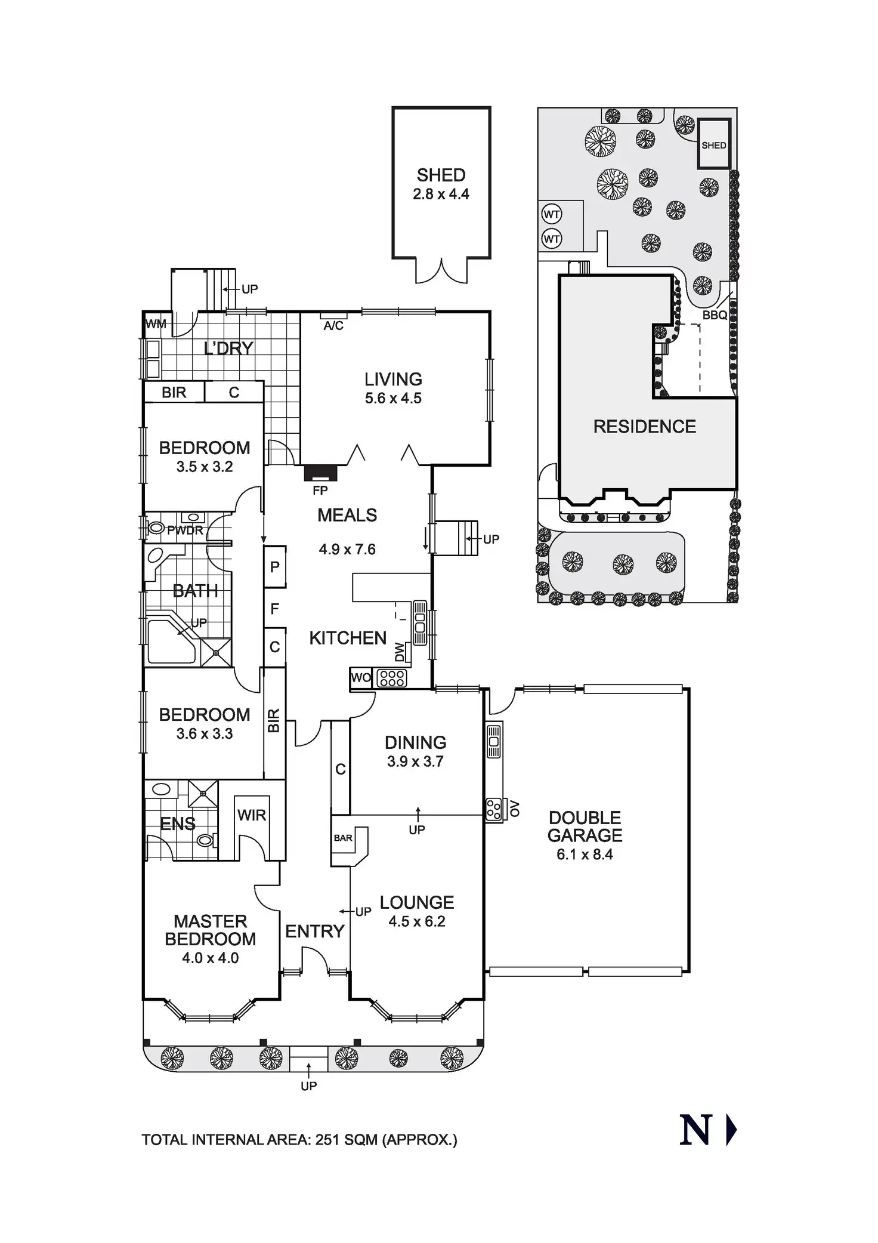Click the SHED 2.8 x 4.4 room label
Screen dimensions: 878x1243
pyautogui.click(x=441, y=184)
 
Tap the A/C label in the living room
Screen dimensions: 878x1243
pyautogui.click(x=333, y=326)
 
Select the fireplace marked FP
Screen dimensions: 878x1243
pyautogui.click(x=321, y=474)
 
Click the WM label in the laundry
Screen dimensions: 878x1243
pyautogui.click(x=156, y=325)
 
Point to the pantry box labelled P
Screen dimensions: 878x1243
pyautogui.click(x=275, y=567)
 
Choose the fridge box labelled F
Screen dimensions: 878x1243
pyautogui.click(x=275, y=609)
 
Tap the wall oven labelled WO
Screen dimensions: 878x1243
pyautogui.click(x=361, y=678)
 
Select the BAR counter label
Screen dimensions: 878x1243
pyautogui.click(x=343, y=838)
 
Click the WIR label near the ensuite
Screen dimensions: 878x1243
pyautogui.click(x=252, y=815)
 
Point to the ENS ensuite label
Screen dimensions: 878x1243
pyautogui.click(x=178, y=824)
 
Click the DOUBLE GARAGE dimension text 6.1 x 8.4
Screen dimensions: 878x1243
pyautogui.click(x=585, y=855)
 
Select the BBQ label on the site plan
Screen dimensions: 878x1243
pyautogui.click(x=715, y=315)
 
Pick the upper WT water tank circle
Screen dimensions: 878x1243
pyautogui.click(x=552, y=213)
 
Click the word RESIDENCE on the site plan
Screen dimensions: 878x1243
pyautogui.click(x=644, y=427)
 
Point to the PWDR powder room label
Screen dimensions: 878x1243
pyautogui.click(x=185, y=530)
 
